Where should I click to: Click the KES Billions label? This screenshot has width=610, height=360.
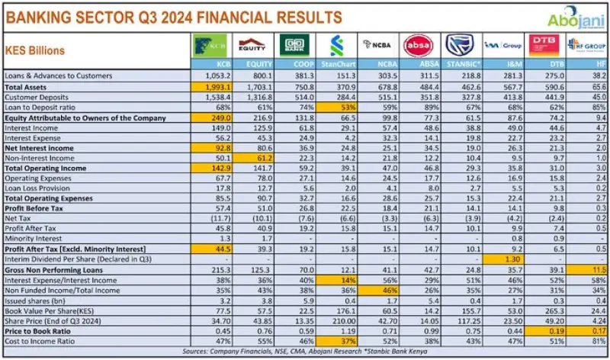coord(35,50)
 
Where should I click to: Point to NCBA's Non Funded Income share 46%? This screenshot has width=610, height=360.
coord(385,291)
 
